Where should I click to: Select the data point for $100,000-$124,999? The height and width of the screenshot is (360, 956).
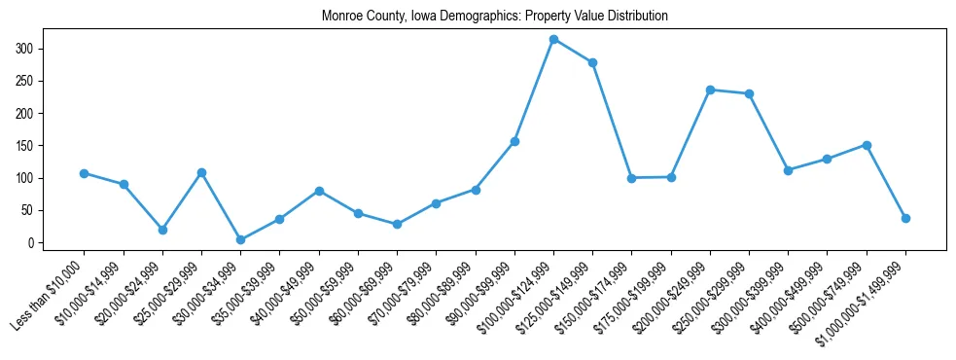click(553, 39)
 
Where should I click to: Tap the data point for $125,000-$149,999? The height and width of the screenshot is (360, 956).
click(592, 62)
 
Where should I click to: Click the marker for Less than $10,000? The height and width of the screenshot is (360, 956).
click(85, 173)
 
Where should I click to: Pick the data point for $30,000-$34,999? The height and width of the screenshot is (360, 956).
click(240, 239)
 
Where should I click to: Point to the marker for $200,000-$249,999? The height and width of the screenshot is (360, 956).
click(710, 90)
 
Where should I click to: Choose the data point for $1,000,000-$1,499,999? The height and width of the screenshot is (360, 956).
click(905, 218)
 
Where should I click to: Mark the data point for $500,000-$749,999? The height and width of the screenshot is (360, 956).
click(867, 145)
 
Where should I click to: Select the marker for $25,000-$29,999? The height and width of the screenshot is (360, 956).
click(201, 172)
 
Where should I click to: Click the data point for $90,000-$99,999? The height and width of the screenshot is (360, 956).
click(514, 141)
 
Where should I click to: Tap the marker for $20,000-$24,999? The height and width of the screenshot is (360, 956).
click(162, 230)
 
